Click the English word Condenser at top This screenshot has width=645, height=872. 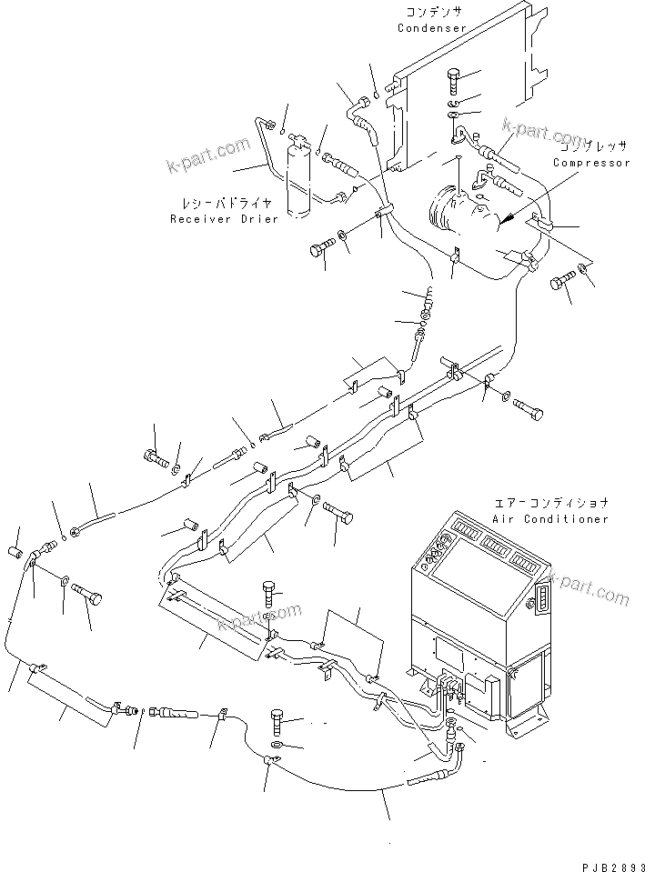(431, 28)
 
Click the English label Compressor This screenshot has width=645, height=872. (590, 163)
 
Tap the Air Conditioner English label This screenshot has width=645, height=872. (549, 518)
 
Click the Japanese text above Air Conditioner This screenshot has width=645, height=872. (550, 503)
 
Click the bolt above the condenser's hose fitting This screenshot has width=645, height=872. (457, 83)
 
